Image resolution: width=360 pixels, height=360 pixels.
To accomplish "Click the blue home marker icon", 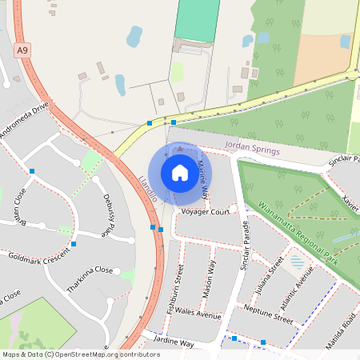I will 179,172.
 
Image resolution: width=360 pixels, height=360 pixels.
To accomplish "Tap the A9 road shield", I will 22,50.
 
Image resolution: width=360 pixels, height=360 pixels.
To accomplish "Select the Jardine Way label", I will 175,342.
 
